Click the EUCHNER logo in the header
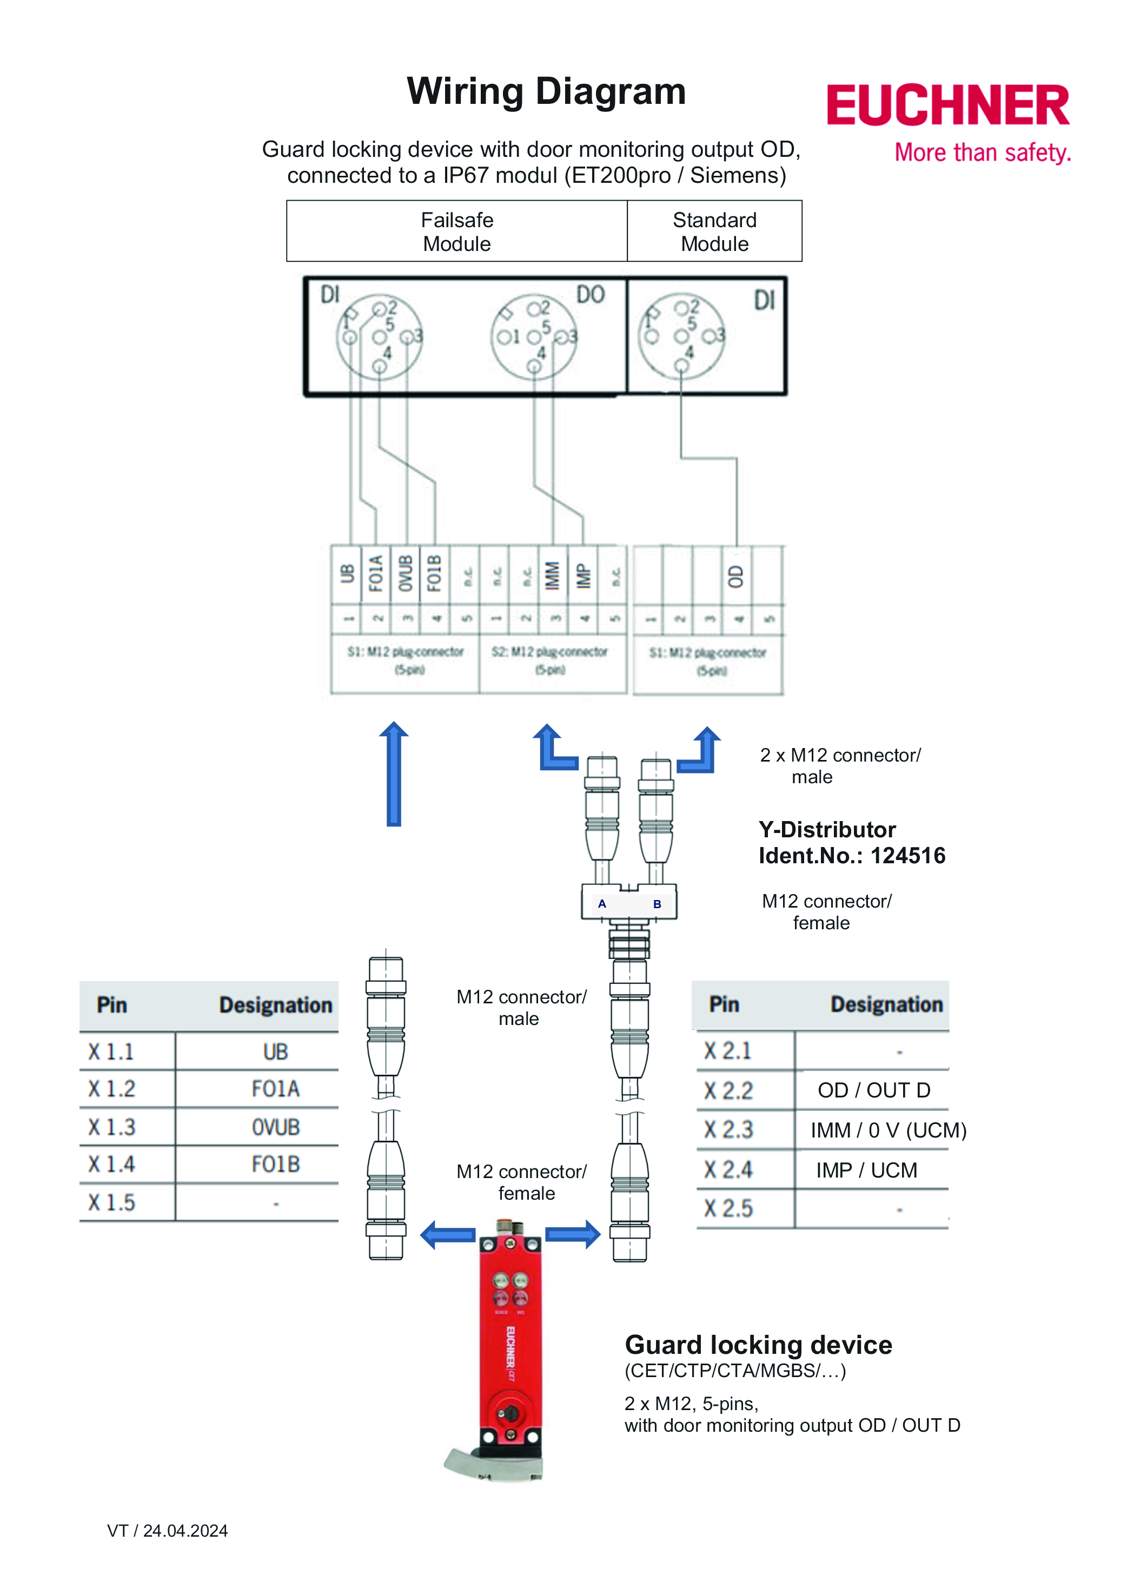click(x=947, y=105)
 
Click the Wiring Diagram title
click(x=546, y=91)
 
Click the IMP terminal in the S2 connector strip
click(x=583, y=575)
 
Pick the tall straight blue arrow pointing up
click(x=394, y=773)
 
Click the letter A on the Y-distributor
click(x=602, y=904)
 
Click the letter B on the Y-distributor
click(x=657, y=904)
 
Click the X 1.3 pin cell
click(x=112, y=1126)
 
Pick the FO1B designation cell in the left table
click(x=275, y=1164)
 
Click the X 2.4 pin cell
click(x=728, y=1170)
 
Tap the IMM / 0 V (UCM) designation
click(x=887, y=1130)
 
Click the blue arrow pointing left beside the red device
click(x=448, y=1235)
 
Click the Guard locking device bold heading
click(x=758, y=1345)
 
